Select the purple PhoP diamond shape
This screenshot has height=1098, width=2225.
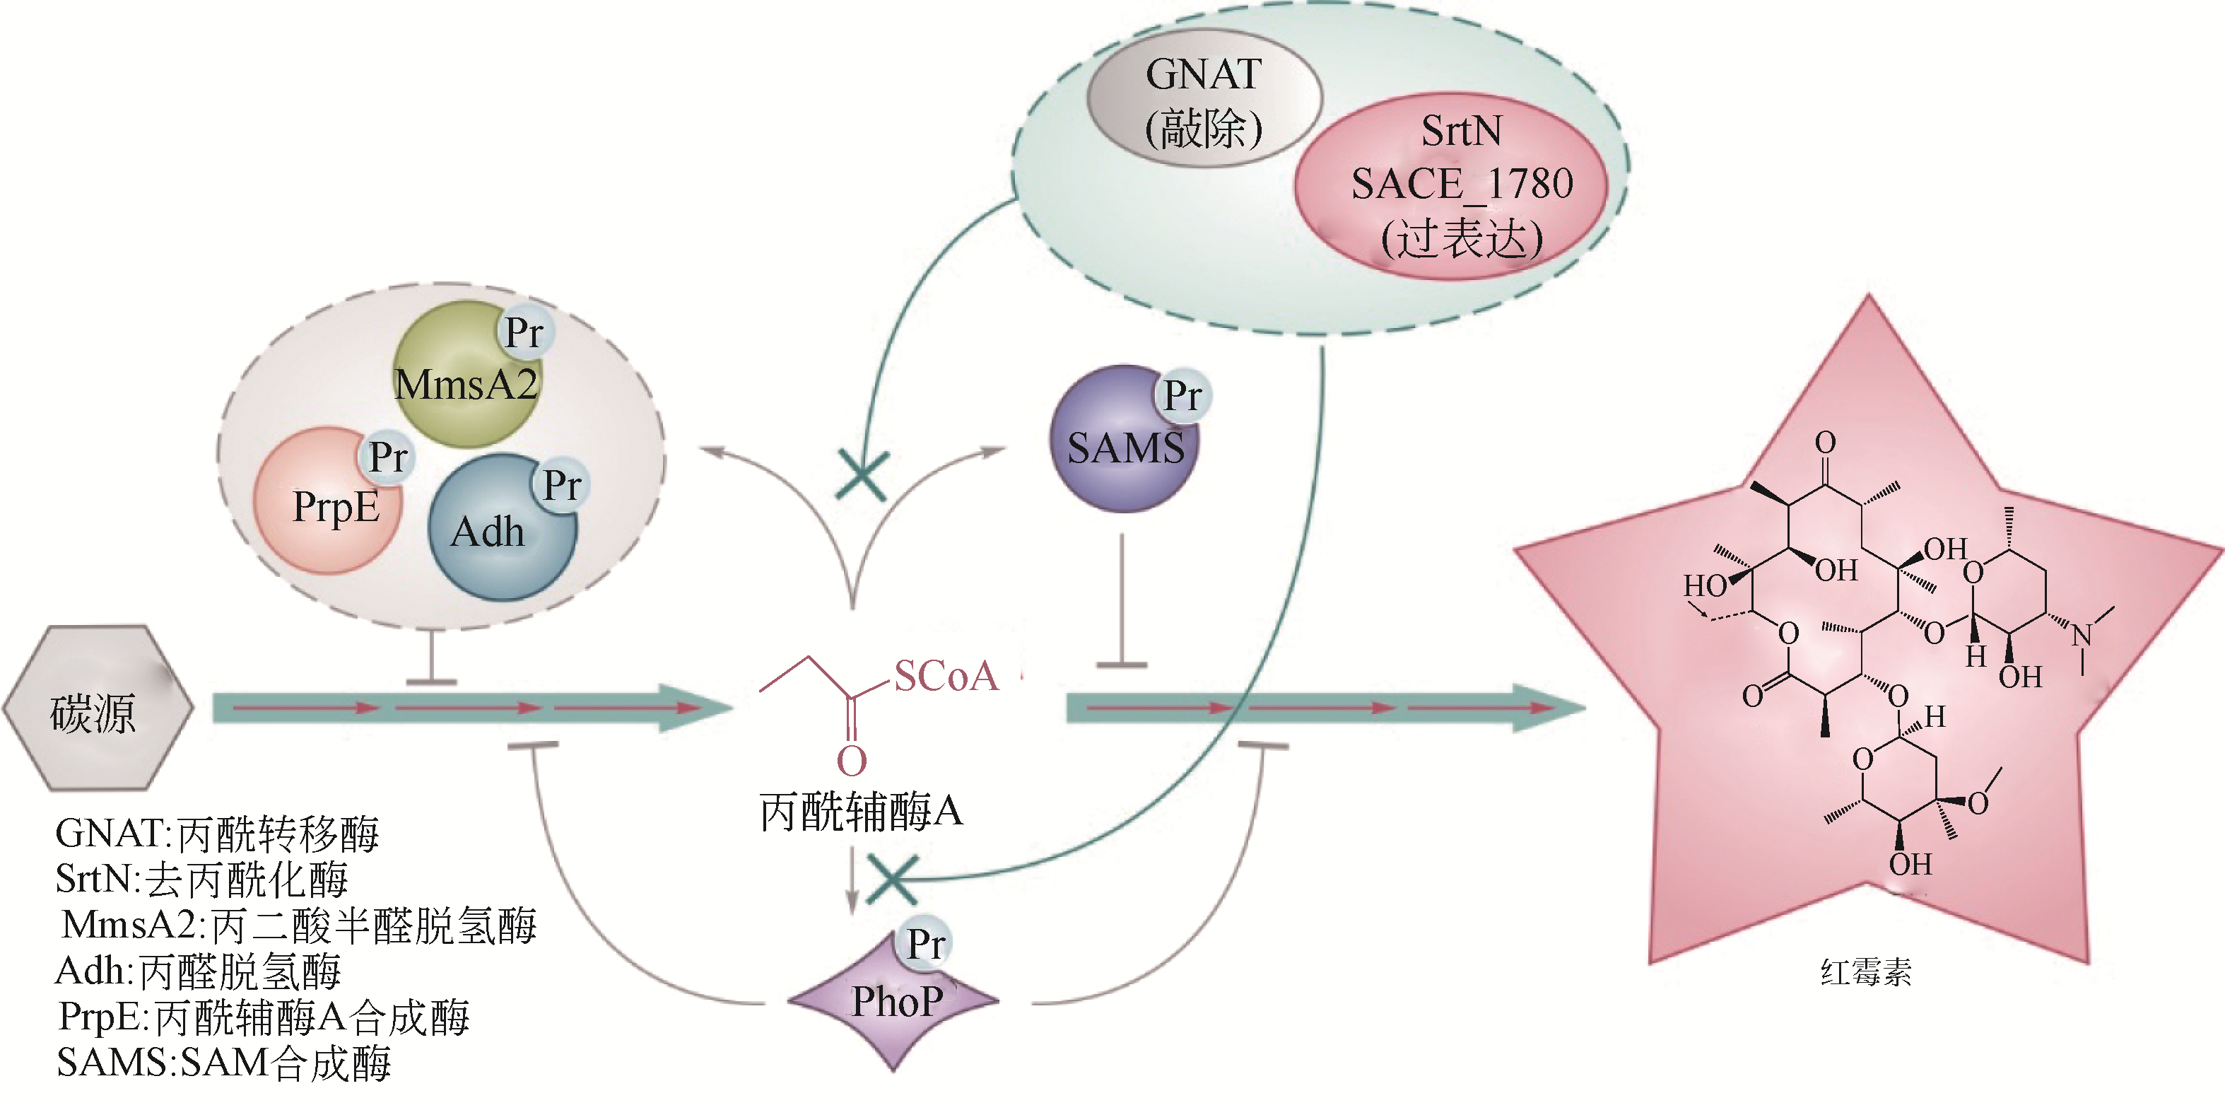coord(894,1002)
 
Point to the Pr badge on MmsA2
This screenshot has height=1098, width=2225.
coord(524,332)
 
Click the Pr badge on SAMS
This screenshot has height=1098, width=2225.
coord(1182,396)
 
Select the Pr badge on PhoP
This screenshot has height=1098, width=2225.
coord(926,943)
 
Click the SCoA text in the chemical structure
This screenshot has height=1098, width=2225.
coord(946,677)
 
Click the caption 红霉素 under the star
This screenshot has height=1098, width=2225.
coord(1866,973)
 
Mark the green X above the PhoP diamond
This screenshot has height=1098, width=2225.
coord(892,880)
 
